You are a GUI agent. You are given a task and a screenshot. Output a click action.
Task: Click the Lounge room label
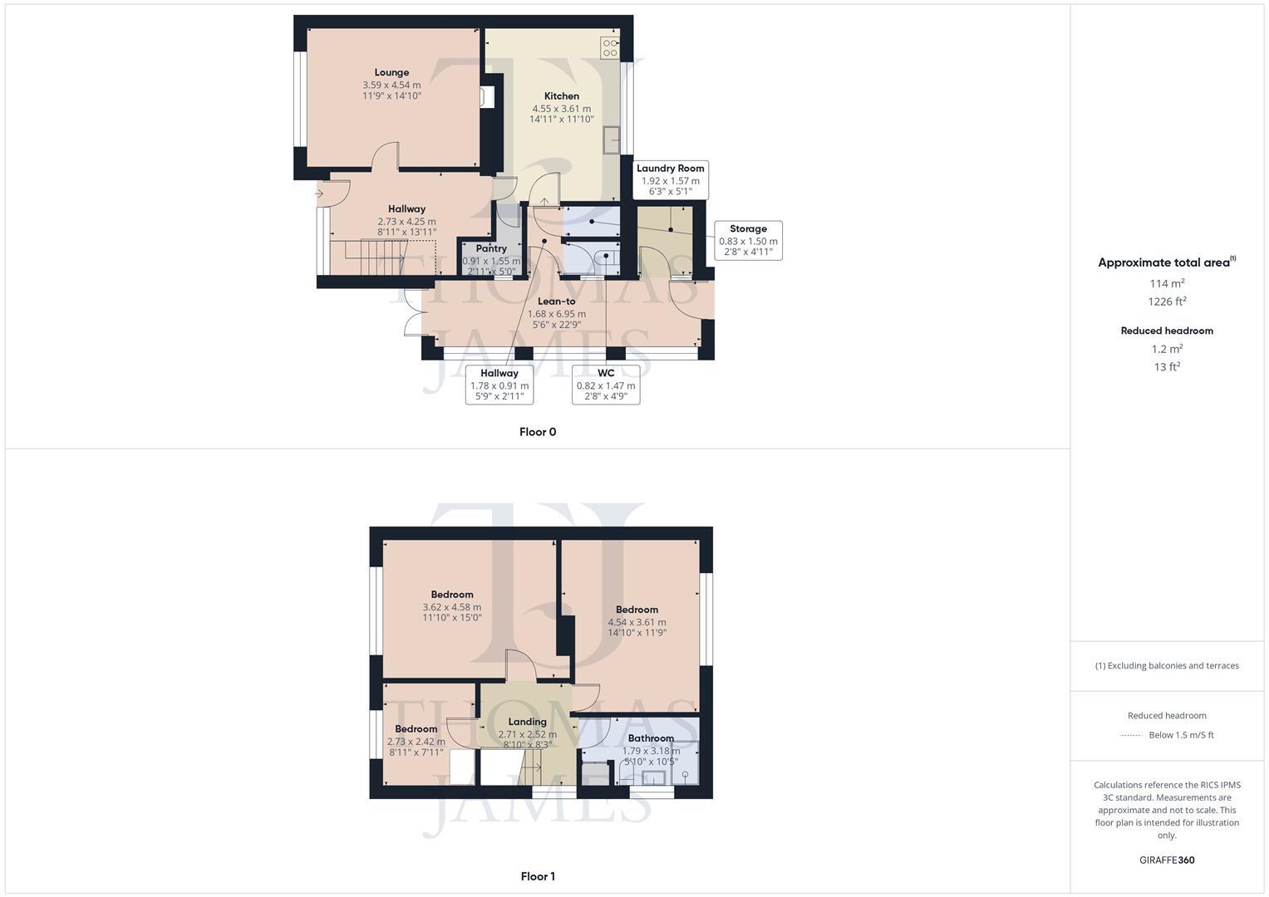(391, 72)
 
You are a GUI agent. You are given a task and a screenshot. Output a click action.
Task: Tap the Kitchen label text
(562, 96)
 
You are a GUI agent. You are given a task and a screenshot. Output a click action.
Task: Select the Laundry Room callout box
(670, 180)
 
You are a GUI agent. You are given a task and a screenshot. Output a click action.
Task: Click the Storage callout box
(748, 240)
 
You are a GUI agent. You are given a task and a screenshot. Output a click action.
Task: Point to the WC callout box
(606, 385)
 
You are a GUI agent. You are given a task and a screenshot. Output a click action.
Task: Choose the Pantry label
(491, 248)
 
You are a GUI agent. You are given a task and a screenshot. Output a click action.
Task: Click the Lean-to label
(557, 301)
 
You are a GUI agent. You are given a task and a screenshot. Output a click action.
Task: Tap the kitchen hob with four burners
(610, 48)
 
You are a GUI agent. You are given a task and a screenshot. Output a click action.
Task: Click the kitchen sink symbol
(614, 140)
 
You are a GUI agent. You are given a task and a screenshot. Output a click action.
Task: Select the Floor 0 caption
(538, 432)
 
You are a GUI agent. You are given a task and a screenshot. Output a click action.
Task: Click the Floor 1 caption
(538, 876)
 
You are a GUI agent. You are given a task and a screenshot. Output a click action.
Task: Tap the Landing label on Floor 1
(528, 722)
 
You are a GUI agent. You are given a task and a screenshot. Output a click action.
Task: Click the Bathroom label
(651, 738)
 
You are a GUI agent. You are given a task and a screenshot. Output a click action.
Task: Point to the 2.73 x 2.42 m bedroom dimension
(416, 742)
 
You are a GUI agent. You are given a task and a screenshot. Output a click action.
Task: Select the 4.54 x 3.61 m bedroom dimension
(637, 622)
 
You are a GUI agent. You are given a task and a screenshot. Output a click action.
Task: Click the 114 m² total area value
(1167, 283)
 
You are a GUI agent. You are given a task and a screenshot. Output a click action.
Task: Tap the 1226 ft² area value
(1167, 301)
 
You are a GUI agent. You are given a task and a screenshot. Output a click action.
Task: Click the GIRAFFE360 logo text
(1167, 860)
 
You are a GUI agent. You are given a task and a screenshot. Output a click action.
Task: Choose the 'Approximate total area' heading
(1164, 262)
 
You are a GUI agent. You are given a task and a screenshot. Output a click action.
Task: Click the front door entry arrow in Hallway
(320, 194)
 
